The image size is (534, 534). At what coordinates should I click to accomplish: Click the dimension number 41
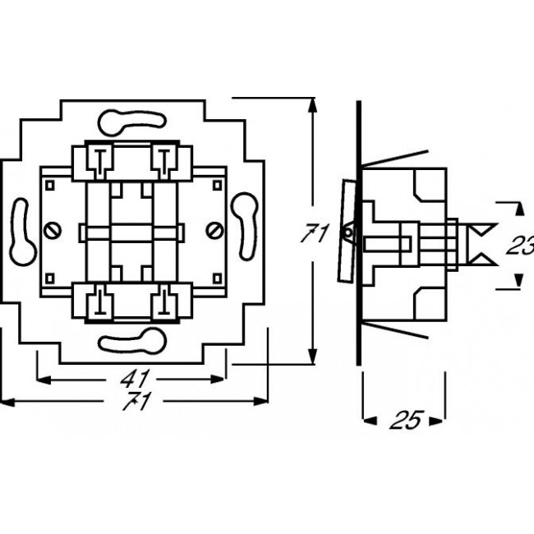pyautogui.click(x=133, y=380)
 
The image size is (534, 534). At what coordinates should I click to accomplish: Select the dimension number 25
pyautogui.click(x=405, y=420)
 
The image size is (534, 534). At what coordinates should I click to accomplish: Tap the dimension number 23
pyautogui.click(x=520, y=244)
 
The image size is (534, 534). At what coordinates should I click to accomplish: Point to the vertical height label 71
pyautogui.click(x=313, y=235)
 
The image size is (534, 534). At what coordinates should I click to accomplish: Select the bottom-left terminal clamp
pyautogui.click(x=97, y=302)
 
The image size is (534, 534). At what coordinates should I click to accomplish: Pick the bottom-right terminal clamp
pyautogui.click(x=165, y=302)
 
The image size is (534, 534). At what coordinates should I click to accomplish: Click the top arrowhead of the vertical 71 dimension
pyautogui.click(x=312, y=104)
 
